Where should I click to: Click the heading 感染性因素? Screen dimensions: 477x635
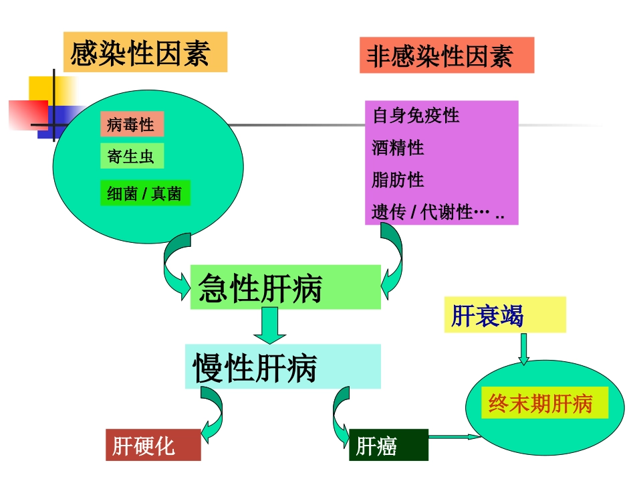145,52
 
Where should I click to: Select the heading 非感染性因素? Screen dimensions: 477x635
447,55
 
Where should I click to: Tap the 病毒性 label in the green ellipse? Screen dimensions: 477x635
132,124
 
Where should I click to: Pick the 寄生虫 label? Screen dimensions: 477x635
132,157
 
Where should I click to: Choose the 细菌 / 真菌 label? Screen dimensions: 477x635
145,193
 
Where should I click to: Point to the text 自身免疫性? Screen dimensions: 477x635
416,116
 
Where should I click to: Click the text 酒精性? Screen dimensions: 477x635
398,147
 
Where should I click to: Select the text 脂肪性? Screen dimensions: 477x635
398,179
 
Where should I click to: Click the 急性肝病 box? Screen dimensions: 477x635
285,288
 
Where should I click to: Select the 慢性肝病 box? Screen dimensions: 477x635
283,367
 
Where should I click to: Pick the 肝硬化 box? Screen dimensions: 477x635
153,445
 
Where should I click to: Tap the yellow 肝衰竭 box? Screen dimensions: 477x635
505,315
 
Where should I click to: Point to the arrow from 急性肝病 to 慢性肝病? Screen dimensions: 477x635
269,326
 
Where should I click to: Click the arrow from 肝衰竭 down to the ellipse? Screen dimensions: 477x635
523,348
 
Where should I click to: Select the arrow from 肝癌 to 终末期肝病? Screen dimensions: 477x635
454,437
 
